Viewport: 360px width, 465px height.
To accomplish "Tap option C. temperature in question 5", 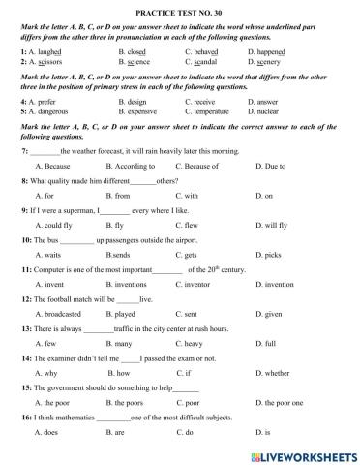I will coord(209,112).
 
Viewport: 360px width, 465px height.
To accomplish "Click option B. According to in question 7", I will coord(141,166).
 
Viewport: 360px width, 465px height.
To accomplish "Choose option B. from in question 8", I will coord(126,195).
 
